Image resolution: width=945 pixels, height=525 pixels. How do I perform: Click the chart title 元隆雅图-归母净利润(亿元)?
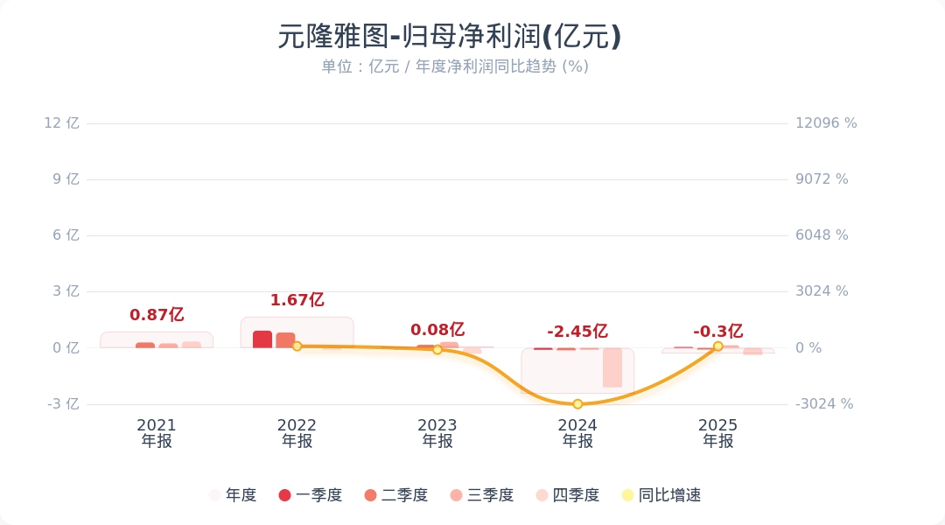point(450,37)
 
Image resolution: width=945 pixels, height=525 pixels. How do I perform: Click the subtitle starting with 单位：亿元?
point(455,66)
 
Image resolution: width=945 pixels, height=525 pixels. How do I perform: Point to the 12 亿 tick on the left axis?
point(62,123)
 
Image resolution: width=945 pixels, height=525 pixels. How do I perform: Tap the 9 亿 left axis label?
point(66,179)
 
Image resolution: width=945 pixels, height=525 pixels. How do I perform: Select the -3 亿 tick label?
point(62,404)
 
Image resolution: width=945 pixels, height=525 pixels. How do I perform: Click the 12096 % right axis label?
point(826,123)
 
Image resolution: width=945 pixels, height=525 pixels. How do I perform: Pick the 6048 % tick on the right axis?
point(822,235)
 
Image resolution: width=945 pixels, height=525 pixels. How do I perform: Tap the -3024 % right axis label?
point(824,404)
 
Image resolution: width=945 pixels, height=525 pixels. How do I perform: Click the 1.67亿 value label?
point(297,300)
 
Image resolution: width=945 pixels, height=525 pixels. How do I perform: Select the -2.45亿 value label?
point(577,332)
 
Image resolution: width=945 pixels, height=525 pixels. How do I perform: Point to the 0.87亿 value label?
point(157,315)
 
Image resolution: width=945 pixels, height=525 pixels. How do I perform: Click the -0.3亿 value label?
point(718,332)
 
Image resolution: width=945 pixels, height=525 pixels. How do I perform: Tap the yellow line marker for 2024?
point(577,404)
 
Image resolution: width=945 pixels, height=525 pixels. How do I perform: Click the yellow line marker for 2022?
point(297,346)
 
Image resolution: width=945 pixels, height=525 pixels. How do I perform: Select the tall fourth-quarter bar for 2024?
point(612,367)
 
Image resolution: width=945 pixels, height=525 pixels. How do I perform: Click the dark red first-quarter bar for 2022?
point(262,339)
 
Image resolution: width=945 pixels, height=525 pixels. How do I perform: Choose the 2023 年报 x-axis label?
point(437,433)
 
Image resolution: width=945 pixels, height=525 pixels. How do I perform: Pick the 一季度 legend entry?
point(311,495)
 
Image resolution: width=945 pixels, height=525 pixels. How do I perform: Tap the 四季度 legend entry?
point(568,495)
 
